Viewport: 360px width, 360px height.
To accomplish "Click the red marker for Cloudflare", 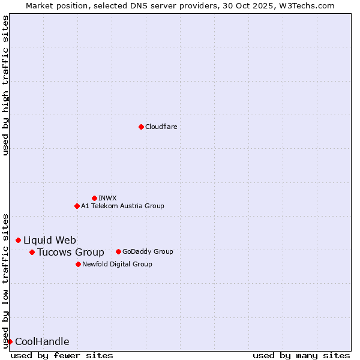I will [x=141, y=127].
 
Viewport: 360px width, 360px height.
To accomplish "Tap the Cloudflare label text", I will [x=161, y=127].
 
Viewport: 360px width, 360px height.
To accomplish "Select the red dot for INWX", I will [x=94, y=198].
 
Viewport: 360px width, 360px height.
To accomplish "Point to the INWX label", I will [x=108, y=198].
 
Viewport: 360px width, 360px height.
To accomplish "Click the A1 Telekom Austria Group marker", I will [x=77, y=206].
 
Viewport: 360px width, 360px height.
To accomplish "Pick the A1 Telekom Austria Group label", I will [x=122, y=206].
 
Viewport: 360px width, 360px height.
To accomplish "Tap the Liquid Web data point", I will [x=18, y=240].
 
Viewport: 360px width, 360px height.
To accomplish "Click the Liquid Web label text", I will [x=50, y=240].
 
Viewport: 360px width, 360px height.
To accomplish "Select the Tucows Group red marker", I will [x=32, y=252].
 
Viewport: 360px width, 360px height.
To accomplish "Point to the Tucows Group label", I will [x=71, y=252].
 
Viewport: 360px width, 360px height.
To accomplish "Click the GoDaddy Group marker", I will [x=118, y=251].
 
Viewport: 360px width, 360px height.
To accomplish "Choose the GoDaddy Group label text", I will [x=148, y=251].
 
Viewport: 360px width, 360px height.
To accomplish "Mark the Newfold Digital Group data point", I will [x=78, y=264].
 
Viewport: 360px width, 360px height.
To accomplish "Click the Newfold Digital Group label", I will [x=117, y=264].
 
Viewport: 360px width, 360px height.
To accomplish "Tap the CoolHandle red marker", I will [x=10, y=341].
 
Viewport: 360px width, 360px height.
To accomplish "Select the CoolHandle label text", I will [x=42, y=341].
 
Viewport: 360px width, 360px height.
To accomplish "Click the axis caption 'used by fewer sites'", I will [x=62, y=355].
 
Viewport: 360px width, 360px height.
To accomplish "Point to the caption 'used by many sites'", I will [x=301, y=355].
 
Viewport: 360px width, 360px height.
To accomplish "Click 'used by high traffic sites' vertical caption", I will [x=5, y=85].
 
